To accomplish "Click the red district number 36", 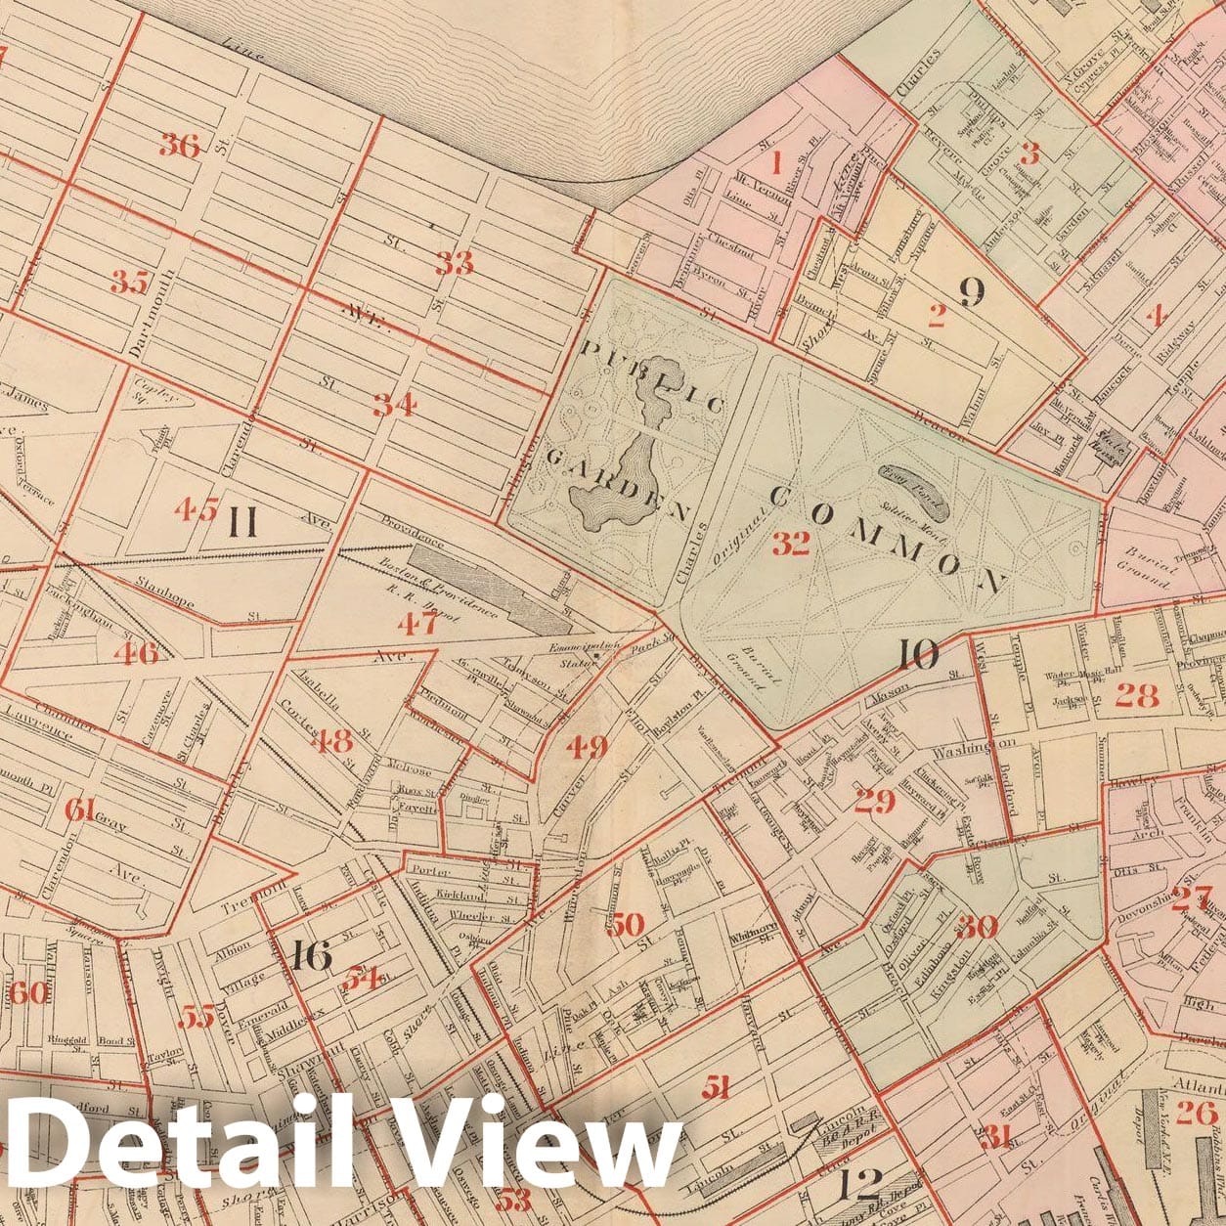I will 180,146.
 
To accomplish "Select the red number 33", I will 455,263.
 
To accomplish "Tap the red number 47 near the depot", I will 417,623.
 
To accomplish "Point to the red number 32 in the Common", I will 791,545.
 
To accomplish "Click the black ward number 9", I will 971,291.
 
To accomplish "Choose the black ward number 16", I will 311,956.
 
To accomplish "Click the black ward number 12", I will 861,1184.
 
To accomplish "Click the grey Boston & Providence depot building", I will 489,590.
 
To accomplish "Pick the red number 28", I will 1136,695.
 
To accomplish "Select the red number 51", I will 719,1086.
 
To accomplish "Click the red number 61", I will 79,810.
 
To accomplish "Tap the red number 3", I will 1029,153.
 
